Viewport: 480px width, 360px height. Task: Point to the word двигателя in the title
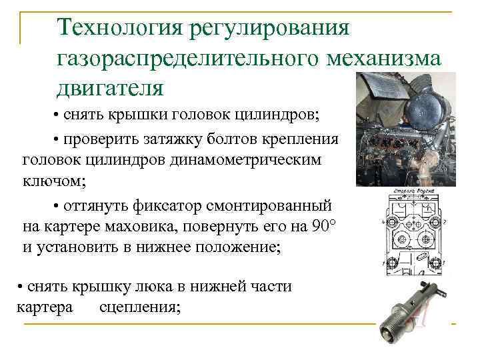109,87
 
